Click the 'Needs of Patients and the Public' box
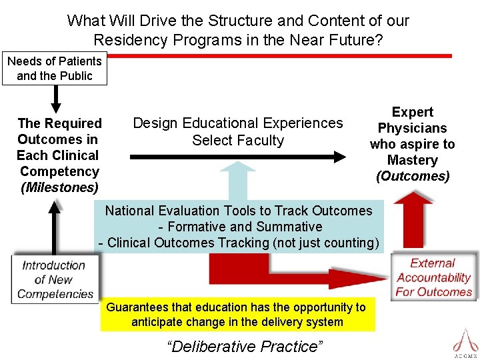coord(55,69)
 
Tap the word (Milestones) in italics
coord(59,187)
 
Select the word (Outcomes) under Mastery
coord(413,176)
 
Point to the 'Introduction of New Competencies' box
coord(55,279)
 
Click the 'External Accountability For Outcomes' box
coord(434,277)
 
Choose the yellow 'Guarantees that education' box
coord(237,315)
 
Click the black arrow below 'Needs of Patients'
coord(56,98)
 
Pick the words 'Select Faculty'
coord(238,141)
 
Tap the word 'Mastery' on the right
coord(413,160)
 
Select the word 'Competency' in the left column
coord(59,171)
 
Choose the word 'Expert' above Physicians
coord(413,112)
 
